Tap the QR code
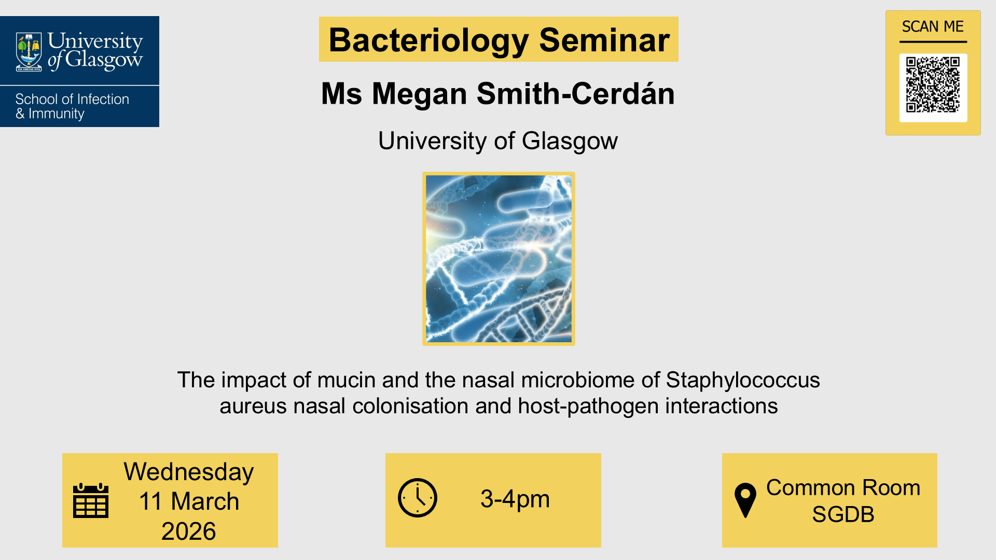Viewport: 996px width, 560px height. [x=933, y=85]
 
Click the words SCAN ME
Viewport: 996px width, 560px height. [x=933, y=26]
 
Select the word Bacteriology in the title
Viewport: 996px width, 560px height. [x=428, y=40]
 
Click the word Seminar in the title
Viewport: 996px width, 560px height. [x=604, y=40]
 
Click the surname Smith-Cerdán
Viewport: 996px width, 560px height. [x=575, y=94]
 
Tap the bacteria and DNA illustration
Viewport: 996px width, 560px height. [x=499, y=259]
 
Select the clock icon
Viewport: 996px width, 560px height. [x=418, y=498]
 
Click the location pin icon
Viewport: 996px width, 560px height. [x=745, y=500]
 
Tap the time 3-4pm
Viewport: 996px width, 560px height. [x=515, y=499]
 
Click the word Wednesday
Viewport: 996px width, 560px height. [x=189, y=472]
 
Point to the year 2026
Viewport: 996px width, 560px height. [x=188, y=531]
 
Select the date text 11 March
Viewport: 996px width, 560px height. [x=189, y=501]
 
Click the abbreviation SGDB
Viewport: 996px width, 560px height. [x=843, y=514]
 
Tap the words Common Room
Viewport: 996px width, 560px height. [x=843, y=487]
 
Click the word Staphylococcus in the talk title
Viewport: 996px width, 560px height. [x=742, y=380]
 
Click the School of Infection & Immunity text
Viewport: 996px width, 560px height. [x=72, y=106]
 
